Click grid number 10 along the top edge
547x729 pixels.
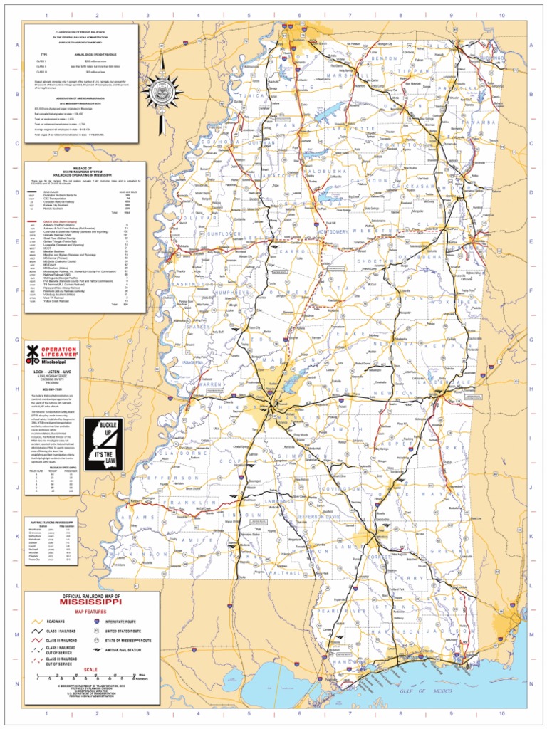click(x=501, y=14)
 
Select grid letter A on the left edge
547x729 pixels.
click(x=15, y=44)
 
